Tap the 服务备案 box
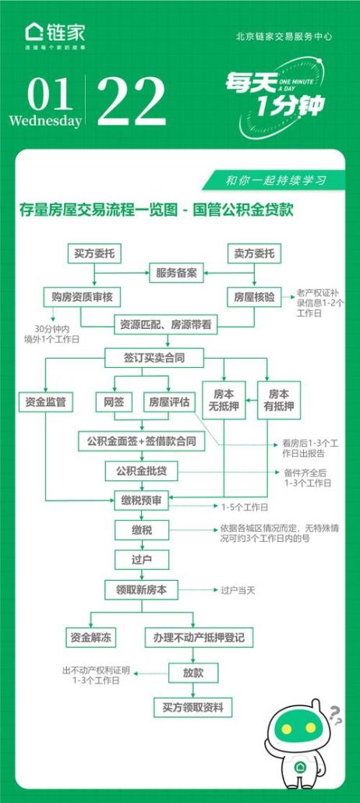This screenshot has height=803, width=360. tap(175, 274)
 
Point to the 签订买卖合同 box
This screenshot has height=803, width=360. tap(154, 357)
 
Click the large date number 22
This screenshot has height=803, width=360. tap(131, 101)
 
